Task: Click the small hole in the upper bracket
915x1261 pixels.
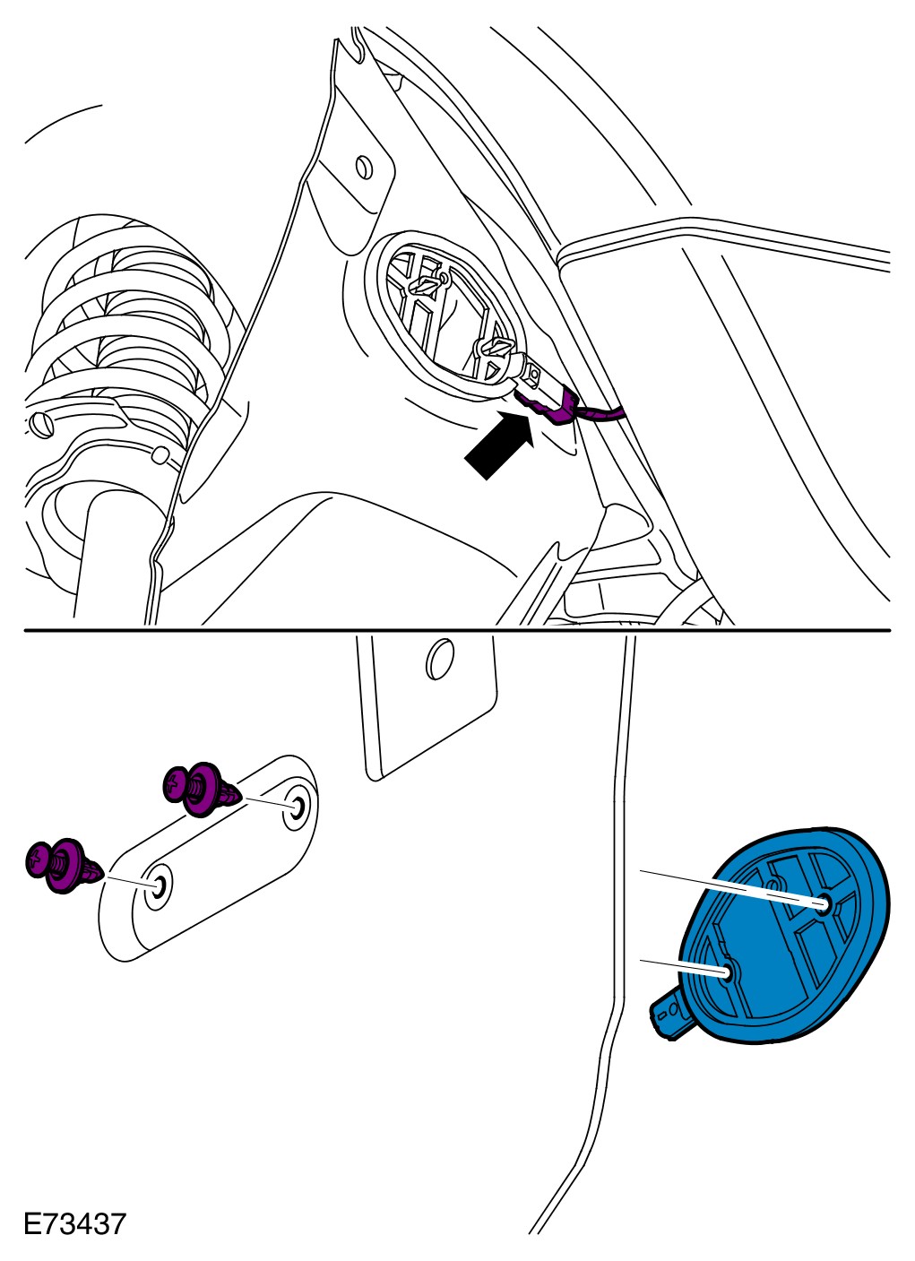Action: click(x=364, y=167)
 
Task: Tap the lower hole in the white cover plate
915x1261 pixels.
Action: click(x=160, y=886)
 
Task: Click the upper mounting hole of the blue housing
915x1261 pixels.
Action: click(x=824, y=903)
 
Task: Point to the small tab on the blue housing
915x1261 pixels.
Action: click(x=668, y=1013)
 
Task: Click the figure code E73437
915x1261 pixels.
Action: click(x=74, y=1224)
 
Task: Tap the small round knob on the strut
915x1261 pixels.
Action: click(x=160, y=455)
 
